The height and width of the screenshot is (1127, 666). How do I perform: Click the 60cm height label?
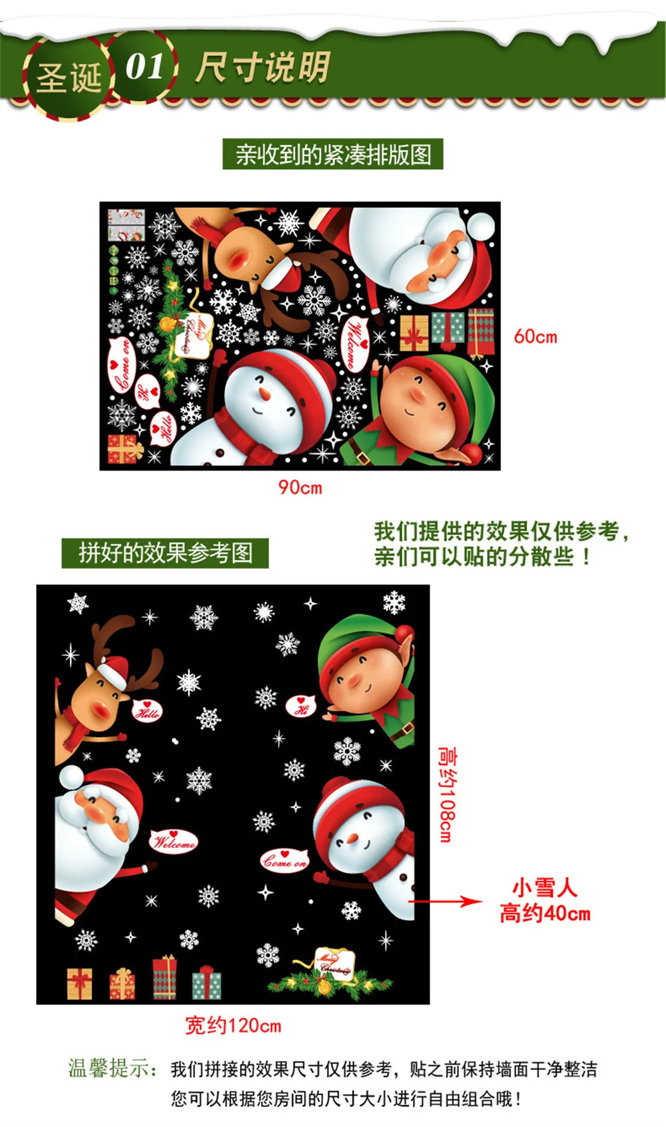[535, 337]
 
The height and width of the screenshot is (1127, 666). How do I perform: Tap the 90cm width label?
[300, 487]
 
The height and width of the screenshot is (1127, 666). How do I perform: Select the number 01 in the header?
[145, 67]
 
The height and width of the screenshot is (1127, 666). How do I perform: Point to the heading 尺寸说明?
[262, 67]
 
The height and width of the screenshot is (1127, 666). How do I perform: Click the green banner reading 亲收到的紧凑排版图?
[333, 155]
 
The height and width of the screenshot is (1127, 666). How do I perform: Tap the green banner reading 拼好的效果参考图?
[165, 553]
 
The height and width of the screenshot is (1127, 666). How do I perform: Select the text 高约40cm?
[545, 913]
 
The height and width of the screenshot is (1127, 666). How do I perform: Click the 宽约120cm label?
[232, 1025]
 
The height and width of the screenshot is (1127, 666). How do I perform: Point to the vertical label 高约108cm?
[447, 793]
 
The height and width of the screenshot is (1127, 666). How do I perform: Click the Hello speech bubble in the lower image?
[147, 711]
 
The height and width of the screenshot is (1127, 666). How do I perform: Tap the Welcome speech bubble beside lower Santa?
[174, 842]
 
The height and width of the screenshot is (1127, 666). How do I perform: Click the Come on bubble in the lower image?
[284, 860]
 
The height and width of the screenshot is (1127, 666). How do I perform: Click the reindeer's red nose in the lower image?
[101, 708]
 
